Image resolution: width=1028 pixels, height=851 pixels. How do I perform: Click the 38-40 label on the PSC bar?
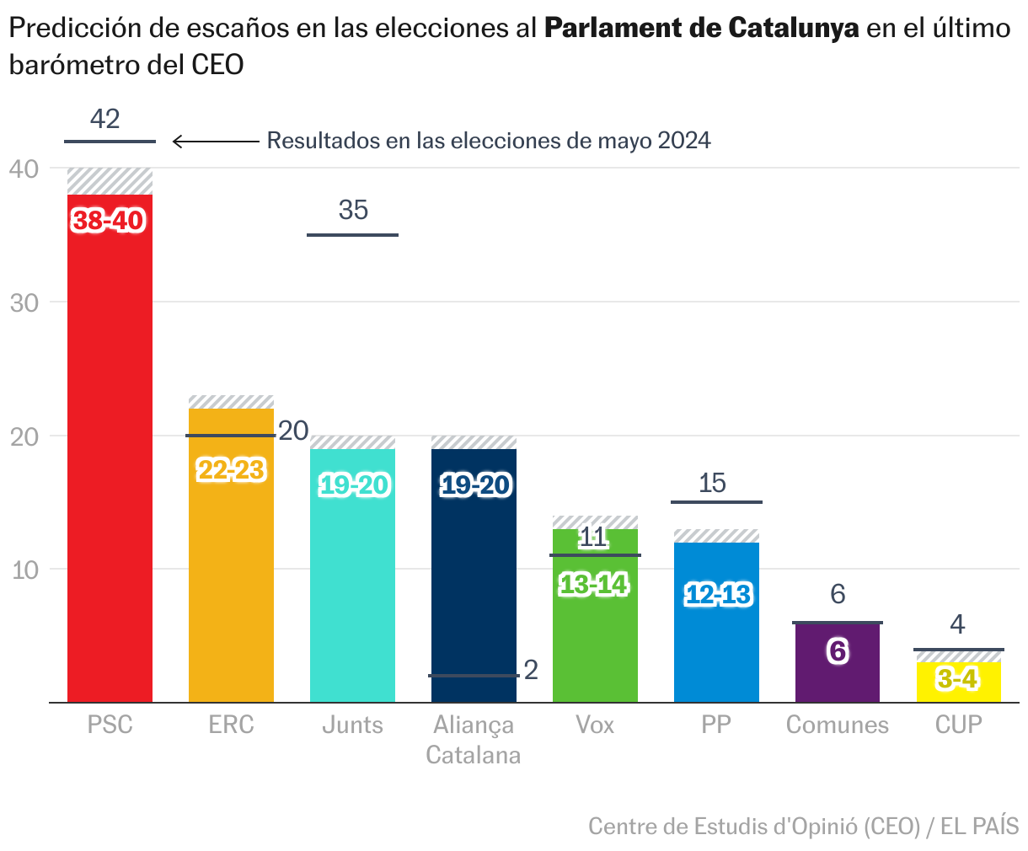(110, 221)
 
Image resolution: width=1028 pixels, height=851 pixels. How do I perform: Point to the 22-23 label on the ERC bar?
(231, 470)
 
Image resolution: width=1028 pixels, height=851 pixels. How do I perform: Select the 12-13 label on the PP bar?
(717, 595)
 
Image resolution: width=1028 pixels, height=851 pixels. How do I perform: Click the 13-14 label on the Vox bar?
(595, 584)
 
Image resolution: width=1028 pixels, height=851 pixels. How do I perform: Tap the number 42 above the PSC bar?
(105, 119)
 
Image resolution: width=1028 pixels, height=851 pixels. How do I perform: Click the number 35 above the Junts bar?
(353, 210)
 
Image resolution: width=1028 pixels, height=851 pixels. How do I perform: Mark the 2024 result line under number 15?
(716, 502)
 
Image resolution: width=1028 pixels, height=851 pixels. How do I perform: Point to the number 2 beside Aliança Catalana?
(531, 670)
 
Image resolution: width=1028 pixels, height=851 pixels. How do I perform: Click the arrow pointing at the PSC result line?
(215, 142)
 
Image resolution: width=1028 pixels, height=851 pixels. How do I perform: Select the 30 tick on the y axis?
(24, 302)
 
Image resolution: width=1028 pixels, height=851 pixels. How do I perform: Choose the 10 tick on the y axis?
(24, 570)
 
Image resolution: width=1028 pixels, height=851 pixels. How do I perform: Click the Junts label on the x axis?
(352, 725)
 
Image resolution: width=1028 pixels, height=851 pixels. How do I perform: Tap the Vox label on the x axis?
(595, 725)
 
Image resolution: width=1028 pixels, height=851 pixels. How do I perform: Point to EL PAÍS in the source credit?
(979, 827)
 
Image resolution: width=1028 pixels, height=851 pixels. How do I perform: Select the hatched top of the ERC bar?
(231, 402)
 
